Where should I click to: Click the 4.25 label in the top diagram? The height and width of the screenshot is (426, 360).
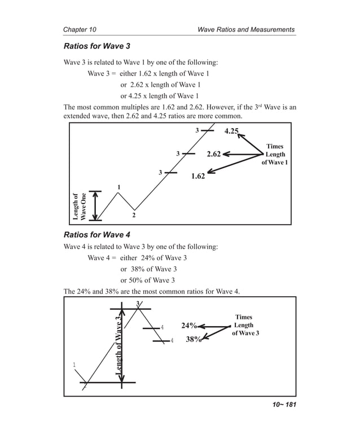(231, 131)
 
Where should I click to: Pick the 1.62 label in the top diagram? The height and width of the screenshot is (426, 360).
(197, 176)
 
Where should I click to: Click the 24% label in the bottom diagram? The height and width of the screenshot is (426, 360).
(189, 326)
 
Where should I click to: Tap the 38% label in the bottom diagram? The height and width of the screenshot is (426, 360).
(194, 340)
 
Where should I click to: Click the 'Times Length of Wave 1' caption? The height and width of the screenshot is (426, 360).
(274, 155)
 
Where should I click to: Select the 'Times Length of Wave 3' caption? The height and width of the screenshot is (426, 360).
(245, 326)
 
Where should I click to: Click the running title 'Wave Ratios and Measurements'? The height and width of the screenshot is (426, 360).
(246, 29)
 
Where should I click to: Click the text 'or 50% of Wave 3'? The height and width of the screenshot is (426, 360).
(148, 280)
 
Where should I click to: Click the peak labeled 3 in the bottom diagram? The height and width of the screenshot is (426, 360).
(138, 305)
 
